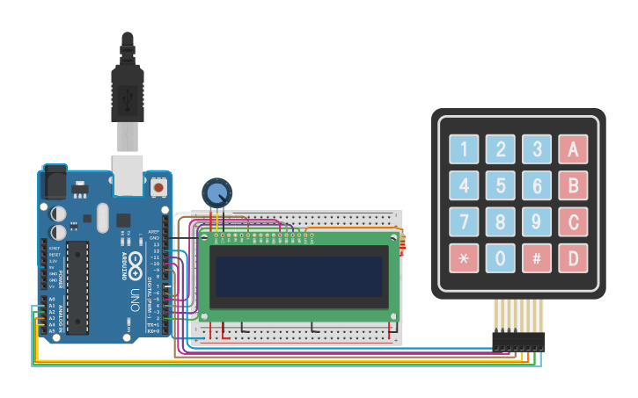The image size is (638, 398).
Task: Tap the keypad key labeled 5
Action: [500, 185]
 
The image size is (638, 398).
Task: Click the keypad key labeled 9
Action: [536, 221]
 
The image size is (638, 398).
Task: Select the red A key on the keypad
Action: [572, 149]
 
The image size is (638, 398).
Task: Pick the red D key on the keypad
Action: [572, 258]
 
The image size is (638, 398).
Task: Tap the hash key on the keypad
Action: [536, 258]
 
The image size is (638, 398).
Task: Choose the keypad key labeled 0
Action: [500, 258]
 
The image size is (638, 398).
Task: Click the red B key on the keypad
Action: [572, 185]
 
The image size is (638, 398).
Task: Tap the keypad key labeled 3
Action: [536, 149]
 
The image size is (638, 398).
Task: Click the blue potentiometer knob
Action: [217, 192]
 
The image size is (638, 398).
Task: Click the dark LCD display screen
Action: [298, 276]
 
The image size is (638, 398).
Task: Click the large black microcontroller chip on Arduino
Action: [77, 288]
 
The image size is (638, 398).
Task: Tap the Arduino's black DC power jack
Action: [55, 182]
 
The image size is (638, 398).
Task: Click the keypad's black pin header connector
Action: [518, 341]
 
